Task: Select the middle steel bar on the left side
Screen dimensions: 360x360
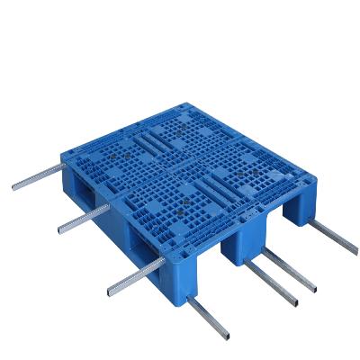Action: point(81,217)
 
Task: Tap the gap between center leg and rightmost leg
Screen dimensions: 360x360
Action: point(270,225)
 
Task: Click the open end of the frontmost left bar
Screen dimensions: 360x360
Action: point(107,293)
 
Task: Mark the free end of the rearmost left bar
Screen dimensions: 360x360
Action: point(15,187)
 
